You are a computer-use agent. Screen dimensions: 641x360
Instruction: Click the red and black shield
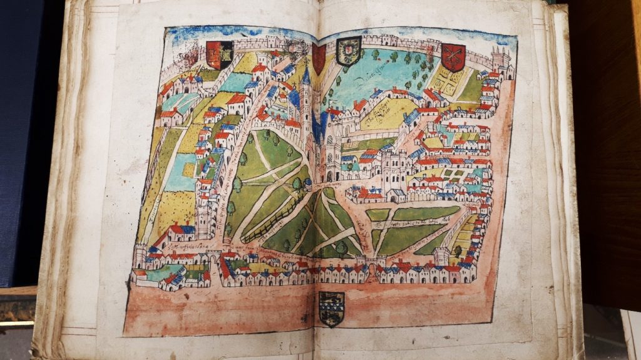(219, 55)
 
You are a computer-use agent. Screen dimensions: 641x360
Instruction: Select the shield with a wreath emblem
(349, 51)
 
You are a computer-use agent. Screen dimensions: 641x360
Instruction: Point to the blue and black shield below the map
(331, 309)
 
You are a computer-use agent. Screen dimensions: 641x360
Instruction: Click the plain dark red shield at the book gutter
(319, 58)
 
